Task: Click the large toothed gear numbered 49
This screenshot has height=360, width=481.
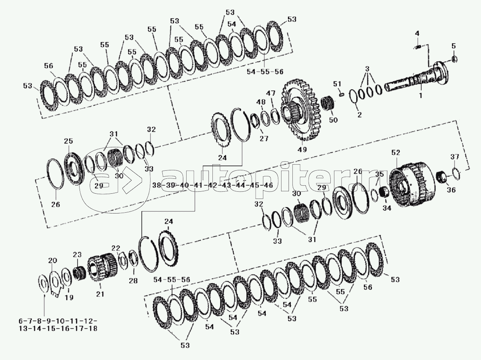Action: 300,109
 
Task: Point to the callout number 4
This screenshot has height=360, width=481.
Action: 417,33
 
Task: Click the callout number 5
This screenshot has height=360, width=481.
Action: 454,46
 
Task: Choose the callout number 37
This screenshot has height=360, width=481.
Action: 455,157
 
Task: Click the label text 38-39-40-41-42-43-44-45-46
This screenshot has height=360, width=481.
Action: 212,185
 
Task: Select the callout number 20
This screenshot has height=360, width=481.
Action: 53,260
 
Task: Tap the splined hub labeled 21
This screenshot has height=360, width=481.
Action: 102,266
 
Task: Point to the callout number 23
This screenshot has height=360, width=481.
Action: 77,255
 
